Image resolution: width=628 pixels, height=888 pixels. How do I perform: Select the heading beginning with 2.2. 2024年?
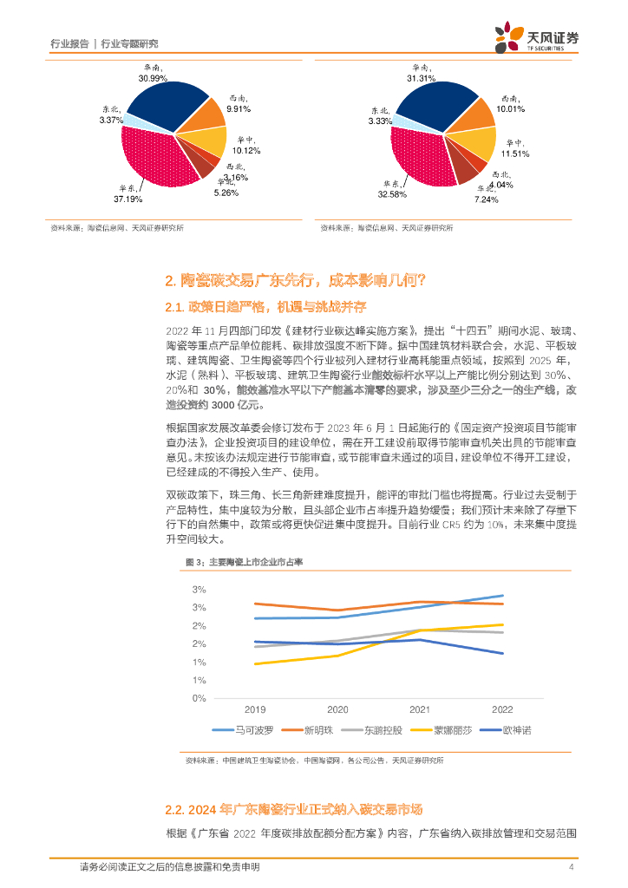pos(292,810)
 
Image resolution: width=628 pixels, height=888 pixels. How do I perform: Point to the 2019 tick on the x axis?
pos(255,708)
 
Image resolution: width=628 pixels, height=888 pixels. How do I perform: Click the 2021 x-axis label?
pos(420,708)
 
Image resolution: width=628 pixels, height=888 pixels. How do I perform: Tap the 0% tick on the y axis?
pos(199,697)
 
